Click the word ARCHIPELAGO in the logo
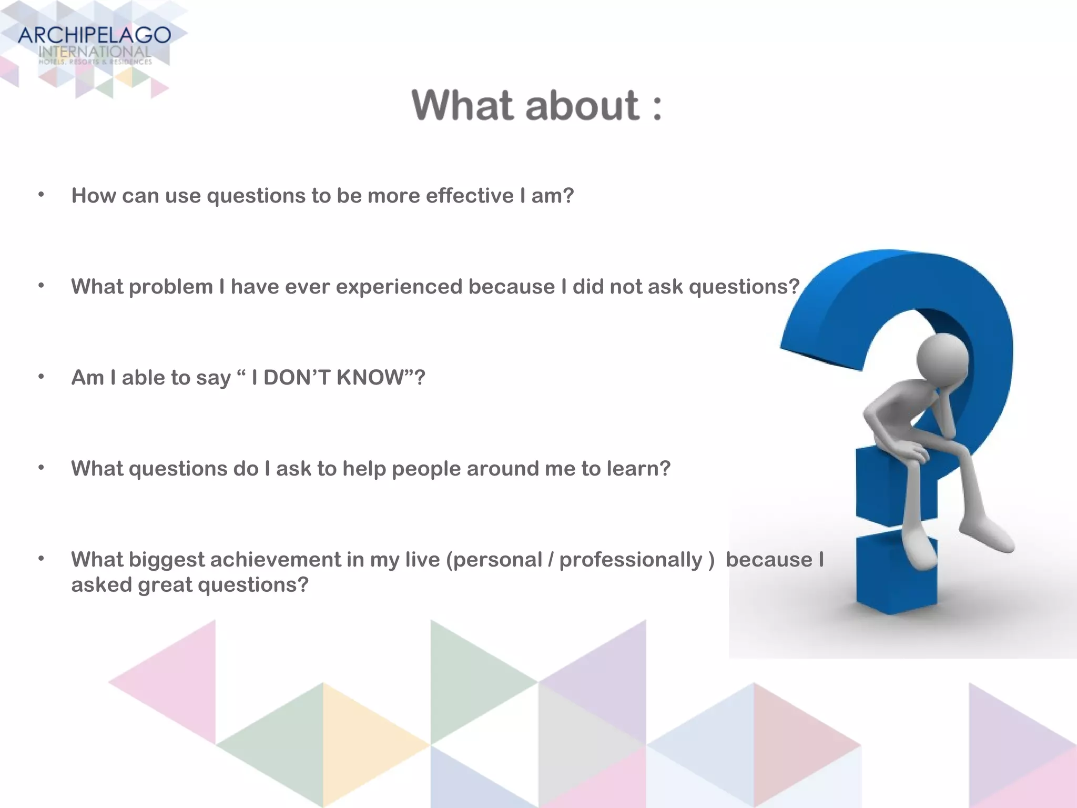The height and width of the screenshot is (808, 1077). [x=94, y=36]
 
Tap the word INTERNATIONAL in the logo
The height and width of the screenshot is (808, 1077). [x=95, y=52]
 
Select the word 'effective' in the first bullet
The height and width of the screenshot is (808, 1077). [x=470, y=196]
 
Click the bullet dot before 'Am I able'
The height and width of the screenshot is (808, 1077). [x=41, y=377]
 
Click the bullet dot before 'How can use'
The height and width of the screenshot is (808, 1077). [x=41, y=195]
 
